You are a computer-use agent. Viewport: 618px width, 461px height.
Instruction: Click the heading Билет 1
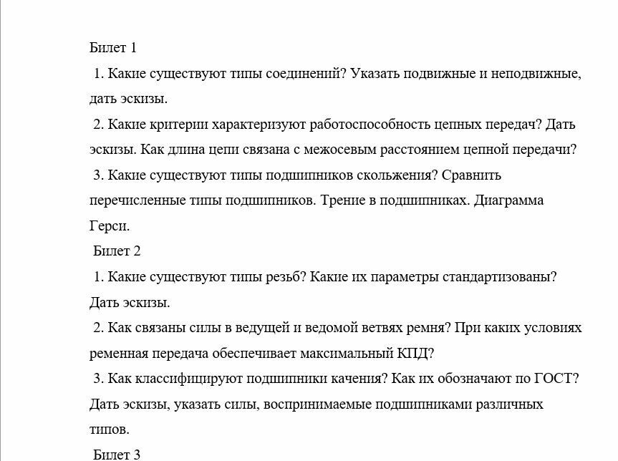click(x=112, y=48)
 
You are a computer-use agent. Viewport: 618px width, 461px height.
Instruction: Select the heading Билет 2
click(x=117, y=251)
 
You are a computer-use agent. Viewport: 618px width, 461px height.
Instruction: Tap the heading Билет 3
click(x=117, y=454)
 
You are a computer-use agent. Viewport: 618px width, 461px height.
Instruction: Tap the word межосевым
click(x=341, y=150)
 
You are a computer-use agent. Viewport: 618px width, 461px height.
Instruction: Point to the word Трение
click(x=345, y=200)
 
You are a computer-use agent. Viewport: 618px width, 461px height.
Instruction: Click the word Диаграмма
click(x=508, y=200)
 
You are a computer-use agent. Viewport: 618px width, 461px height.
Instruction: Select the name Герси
click(x=109, y=225)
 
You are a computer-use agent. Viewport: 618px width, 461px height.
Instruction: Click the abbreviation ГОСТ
click(x=556, y=378)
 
